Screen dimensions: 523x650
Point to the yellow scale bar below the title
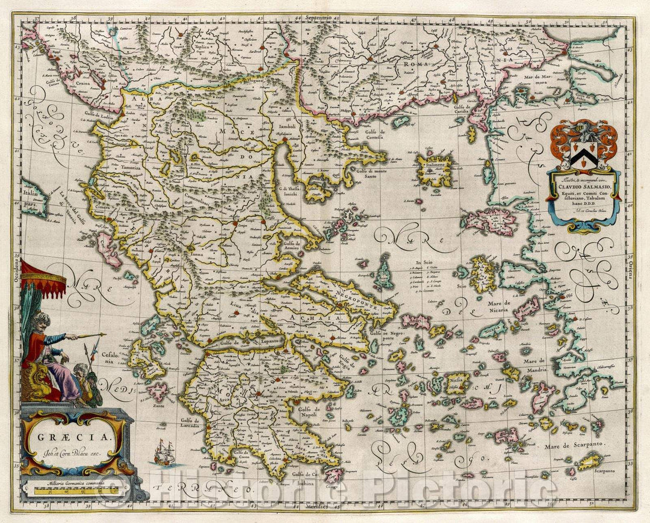[x=76, y=491]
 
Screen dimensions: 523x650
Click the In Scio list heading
[x=424, y=262]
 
